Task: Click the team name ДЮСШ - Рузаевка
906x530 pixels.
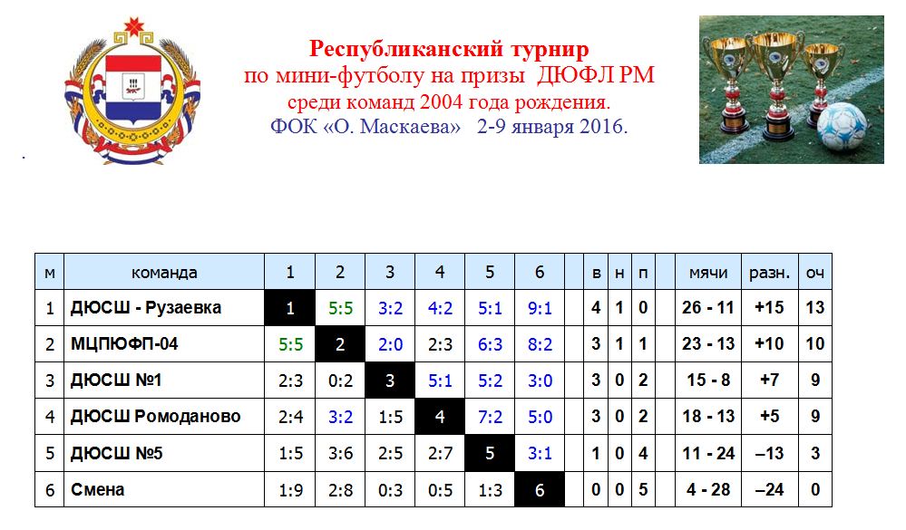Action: coord(146,308)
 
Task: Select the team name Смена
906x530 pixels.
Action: coord(97,489)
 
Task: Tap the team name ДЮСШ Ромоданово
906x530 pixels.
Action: coord(155,416)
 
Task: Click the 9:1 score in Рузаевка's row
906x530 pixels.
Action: coord(540,308)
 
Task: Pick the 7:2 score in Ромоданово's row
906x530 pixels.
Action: coord(490,416)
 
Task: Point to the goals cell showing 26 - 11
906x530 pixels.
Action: coord(707,308)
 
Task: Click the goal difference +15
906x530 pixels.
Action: coord(769,308)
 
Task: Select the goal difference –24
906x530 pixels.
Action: coord(769,489)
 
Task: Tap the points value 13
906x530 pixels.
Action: coord(814,308)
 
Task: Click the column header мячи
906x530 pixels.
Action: coord(707,273)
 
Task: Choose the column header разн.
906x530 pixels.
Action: coord(769,273)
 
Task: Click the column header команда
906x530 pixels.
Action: coord(164,273)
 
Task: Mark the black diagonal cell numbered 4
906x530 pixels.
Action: coord(440,416)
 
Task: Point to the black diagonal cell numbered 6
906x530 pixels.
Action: coord(540,489)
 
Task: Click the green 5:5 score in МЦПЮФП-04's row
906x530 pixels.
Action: coord(290,344)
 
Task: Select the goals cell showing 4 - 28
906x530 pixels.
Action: coord(707,489)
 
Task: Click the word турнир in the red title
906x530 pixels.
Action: coord(550,49)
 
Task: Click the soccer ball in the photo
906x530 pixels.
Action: coord(843,127)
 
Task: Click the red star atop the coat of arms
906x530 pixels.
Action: coord(133,26)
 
